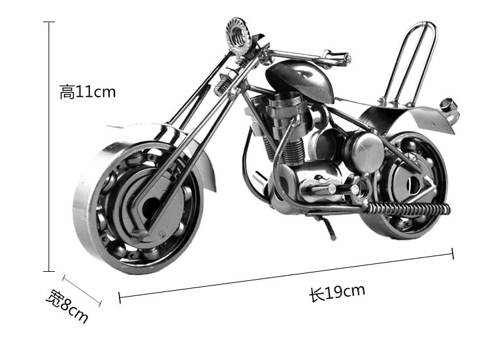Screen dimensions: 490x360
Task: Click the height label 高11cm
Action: (x=87, y=92)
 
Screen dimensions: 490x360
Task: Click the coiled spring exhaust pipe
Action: (x=408, y=208)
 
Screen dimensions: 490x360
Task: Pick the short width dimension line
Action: (x=82, y=289)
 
